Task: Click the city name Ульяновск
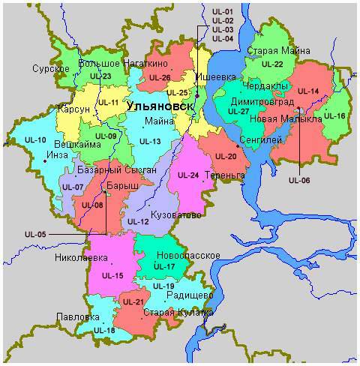point(160,106)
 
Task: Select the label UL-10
point(35,140)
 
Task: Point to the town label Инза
point(57,154)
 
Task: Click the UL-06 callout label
point(298,180)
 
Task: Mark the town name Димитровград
point(263,101)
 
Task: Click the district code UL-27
point(238,112)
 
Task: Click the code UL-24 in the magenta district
point(188,175)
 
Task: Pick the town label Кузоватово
point(175,215)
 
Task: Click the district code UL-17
point(163,267)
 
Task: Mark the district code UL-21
point(133,301)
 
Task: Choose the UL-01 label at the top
point(223,12)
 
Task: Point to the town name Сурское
point(51,69)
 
